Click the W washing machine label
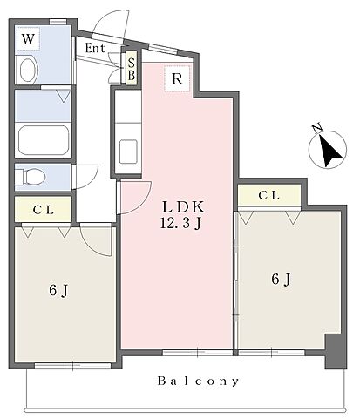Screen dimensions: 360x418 (x=28, y=38)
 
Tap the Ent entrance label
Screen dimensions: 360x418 (x=95, y=48)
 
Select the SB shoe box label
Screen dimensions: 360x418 (x=132, y=69)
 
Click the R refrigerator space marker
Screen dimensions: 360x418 (x=177, y=78)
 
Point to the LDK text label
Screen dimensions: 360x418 (x=183, y=207)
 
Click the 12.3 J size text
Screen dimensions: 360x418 (x=180, y=223)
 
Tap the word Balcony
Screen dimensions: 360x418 (x=199, y=381)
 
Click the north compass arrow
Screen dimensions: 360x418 (x=329, y=151)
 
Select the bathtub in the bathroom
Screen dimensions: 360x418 (x=44, y=141)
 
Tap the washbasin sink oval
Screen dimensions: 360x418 (x=29, y=71)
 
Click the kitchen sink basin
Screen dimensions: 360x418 (x=128, y=152)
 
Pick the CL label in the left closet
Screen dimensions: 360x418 (x=44, y=210)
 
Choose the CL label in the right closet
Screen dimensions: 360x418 (x=269, y=195)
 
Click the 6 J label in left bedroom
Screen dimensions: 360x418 (x=58, y=290)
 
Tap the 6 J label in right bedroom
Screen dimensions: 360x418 (x=282, y=280)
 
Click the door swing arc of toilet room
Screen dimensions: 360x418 (x=93, y=180)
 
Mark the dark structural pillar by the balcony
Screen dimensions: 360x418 (x=336, y=351)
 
